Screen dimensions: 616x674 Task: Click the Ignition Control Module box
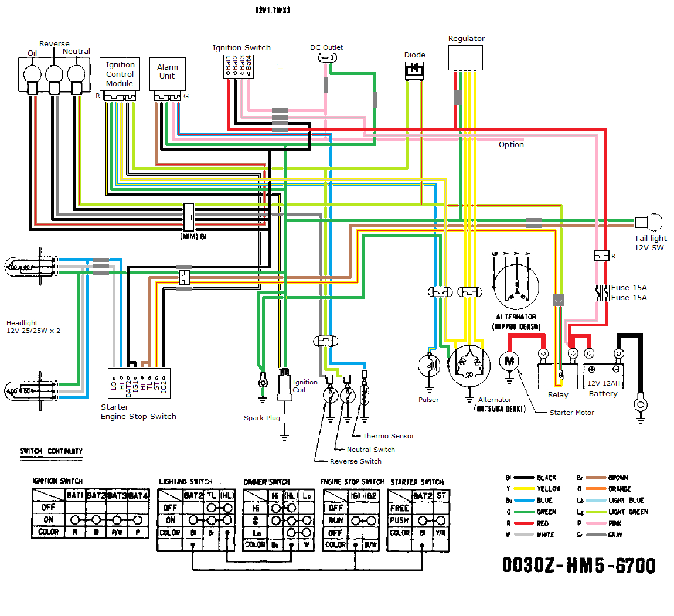(x=120, y=74)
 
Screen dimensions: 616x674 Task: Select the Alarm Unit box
(x=167, y=74)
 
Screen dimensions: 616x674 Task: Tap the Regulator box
(x=465, y=57)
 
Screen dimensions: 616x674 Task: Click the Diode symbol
(x=414, y=70)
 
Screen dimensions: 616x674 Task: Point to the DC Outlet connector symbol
(x=328, y=57)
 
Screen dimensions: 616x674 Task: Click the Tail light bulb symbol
(x=649, y=223)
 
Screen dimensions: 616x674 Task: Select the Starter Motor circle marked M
(x=509, y=361)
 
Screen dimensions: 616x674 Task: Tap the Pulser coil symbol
(x=429, y=366)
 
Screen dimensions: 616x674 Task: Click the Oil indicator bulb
(x=32, y=75)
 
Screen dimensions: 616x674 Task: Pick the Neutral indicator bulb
(x=76, y=75)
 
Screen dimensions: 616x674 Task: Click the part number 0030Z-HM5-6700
(x=578, y=566)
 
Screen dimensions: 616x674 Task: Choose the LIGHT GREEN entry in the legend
(x=628, y=512)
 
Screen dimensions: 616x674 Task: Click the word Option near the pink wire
(x=511, y=145)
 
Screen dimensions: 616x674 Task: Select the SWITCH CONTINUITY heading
(x=51, y=451)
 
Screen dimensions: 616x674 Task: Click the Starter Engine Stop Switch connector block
(x=139, y=383)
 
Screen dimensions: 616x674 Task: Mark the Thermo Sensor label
(x=388, y=436)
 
